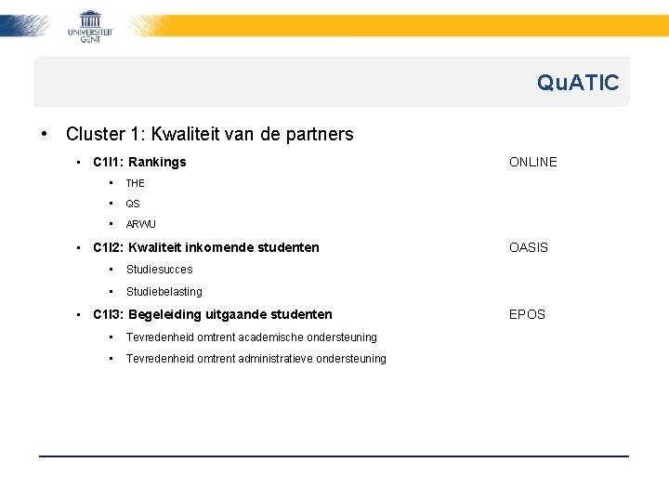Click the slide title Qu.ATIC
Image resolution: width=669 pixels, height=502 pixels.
(x=577, y=84)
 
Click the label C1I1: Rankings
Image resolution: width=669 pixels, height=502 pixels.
(x=139, y=162)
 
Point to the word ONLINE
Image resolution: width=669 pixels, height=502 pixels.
(x=532, y=162)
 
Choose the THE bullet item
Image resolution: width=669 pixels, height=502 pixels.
(x=136, y=184)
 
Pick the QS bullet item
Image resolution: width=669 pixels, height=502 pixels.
(x=133, y=204)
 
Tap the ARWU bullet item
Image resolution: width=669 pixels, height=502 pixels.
(x=141, y=224)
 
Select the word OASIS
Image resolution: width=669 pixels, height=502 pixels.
(x=529, y=247)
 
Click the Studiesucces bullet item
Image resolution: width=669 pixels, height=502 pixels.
(x=159, y=270)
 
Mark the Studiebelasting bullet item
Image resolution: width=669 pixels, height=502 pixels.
(x=164, y=292)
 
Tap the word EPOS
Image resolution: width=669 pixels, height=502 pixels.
(x=527, y=315)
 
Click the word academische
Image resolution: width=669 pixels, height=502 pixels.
(x=271, y=337)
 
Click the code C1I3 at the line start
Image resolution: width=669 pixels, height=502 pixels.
(x=107, y=315)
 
